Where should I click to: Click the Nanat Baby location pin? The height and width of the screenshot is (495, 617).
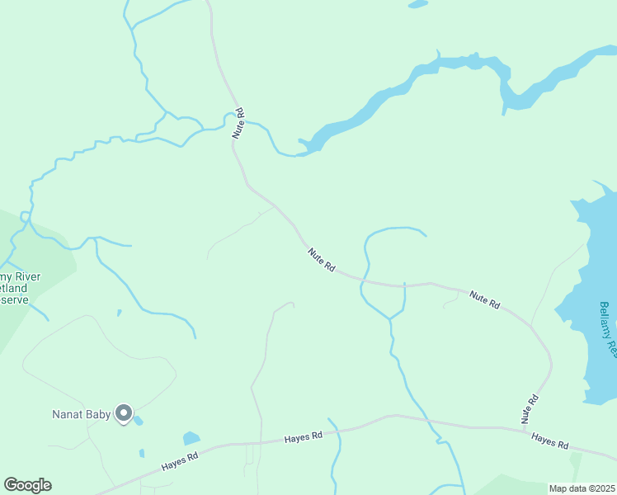pos(124,412)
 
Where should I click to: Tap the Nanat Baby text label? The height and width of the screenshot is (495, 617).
pos(82,414)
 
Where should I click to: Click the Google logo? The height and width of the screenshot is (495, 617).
pos(27,485)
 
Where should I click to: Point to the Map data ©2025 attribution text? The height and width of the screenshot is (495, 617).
pos(582,488)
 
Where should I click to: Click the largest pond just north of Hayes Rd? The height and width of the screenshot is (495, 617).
pos(191,438)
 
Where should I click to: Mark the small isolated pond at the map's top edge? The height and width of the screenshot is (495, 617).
pos(418,4)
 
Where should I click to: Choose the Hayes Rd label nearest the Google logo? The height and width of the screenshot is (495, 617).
pos(181,462)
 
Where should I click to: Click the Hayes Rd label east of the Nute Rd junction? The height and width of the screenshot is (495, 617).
pos(550,441)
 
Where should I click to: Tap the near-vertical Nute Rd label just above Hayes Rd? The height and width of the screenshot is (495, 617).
pos(530,410)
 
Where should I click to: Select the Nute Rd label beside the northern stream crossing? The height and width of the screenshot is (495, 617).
pos(238,123)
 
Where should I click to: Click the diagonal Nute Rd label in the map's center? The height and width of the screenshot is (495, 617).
pos(322,261)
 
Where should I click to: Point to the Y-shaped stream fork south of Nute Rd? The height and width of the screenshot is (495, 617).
pos(389,318)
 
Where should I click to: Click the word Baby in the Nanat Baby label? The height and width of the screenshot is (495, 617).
pos(98,414)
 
